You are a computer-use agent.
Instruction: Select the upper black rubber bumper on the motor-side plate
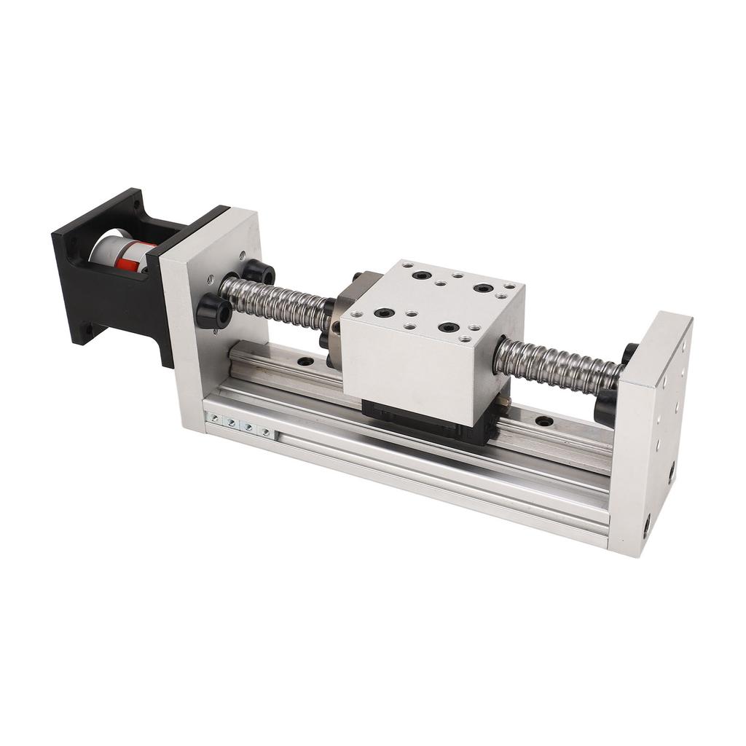tap(258, 273)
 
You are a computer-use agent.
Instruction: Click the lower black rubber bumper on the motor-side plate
tap(214, 311)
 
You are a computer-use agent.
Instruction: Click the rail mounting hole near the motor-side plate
tap(305, 361)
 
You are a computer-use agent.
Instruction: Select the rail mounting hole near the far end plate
tap(543, 421)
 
